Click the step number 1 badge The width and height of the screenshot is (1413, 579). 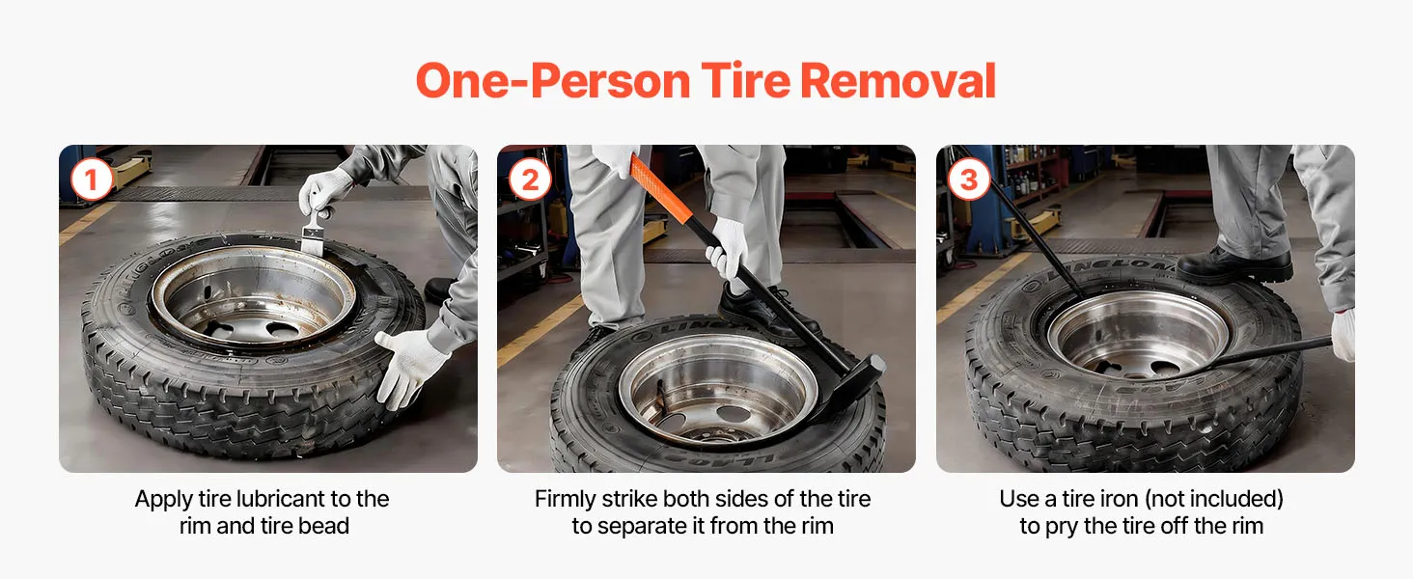point(92,179)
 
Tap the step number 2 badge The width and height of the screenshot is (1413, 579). point(530,179)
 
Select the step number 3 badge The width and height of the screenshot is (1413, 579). point(968,179)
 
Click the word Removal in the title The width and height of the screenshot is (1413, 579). point(899,81)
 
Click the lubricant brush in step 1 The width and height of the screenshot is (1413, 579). point(314,234)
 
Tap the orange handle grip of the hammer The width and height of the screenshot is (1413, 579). point(659,187)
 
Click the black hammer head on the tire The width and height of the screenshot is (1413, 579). point(849,388)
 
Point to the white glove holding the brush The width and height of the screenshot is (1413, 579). point(325,189)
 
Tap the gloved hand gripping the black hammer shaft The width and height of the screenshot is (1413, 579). point(727,249)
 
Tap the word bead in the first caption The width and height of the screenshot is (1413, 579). point(323,526)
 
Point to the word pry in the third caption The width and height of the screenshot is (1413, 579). point(1062,527)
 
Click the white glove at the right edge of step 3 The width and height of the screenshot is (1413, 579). point(1343,334)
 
